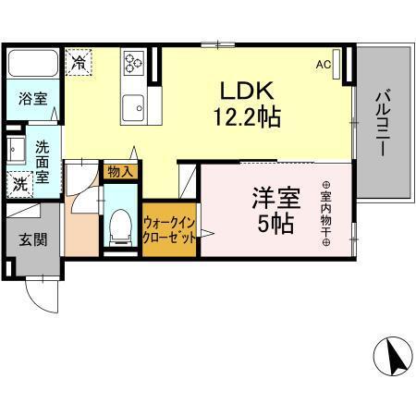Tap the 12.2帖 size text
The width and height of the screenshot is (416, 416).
[x=247, y=117]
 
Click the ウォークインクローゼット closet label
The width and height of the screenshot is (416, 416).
[x=169, y=229]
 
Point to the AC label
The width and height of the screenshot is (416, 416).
[x=323, y=65]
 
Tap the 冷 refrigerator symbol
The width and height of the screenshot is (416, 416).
[x=80, y=63]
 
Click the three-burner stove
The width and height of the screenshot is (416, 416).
[x=134, y=63]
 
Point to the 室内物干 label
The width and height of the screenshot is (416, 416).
[x=326, y=213]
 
